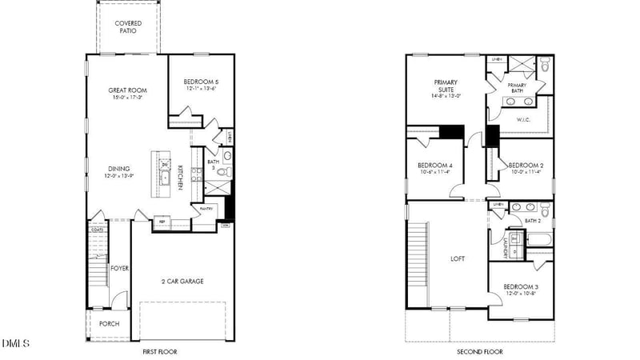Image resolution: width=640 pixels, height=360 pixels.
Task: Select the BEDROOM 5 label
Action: (200, 82)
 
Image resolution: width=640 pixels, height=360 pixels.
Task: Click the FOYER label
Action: (120, 268)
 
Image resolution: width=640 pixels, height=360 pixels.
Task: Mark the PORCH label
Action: (109, 324)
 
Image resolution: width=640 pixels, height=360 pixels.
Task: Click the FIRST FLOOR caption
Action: (159, 352)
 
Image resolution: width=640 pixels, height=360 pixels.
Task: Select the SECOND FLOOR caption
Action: (479, 352)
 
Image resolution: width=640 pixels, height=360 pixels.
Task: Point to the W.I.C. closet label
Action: (524, 120)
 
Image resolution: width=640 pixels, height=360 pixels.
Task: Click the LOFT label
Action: (457, 258)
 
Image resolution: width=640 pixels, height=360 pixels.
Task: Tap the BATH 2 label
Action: (534, 220)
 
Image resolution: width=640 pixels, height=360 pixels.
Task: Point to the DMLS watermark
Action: (15, 344)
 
